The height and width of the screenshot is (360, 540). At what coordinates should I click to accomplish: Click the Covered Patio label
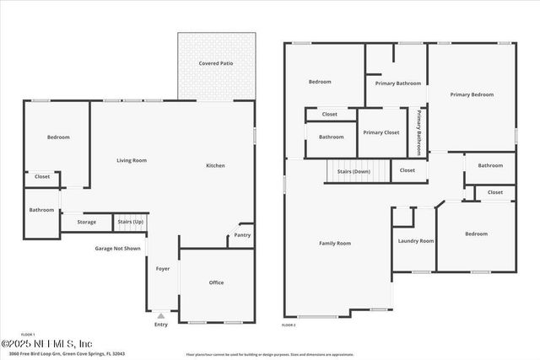(x=216, y=63)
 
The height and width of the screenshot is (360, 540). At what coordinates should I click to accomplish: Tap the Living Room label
(x=132, y=160)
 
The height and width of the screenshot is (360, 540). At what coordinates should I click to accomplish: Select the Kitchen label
(x=216, y=165)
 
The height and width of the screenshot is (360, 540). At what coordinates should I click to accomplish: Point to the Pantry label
(x=242, y=235)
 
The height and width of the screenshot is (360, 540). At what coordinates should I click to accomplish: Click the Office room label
(x=217, y=282)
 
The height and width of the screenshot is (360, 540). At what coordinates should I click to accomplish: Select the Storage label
(x=87, y=222)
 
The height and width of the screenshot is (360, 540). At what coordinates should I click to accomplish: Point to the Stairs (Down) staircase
(x=354, y=171)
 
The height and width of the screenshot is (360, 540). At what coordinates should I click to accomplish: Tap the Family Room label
(x=335, y=243)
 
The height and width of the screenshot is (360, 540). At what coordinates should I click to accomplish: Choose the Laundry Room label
(x=416, y=241)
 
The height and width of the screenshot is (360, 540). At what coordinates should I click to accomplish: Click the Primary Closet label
(x=381, y=132)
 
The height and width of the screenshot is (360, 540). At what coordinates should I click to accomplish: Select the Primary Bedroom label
(x=472, y=94)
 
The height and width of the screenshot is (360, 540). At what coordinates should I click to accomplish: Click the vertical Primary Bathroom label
(x=419, y=132)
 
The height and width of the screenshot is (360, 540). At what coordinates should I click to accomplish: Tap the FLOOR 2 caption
(x=289, y=325)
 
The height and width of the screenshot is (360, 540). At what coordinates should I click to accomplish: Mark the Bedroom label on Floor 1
(x=58, y=137)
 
